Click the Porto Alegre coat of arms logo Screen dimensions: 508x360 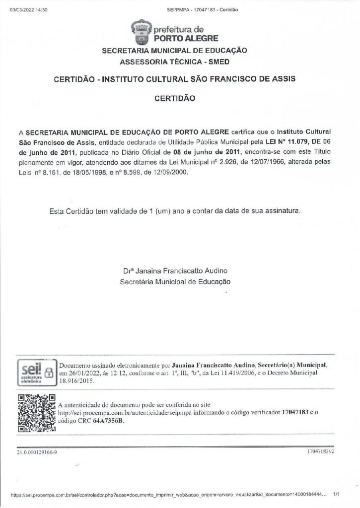140,32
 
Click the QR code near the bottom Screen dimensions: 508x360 36,413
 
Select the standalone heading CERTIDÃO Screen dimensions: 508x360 175,99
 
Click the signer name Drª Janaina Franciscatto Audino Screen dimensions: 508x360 176,271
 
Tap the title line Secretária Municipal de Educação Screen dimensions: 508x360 176,281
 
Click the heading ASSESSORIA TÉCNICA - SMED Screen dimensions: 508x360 175,62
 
